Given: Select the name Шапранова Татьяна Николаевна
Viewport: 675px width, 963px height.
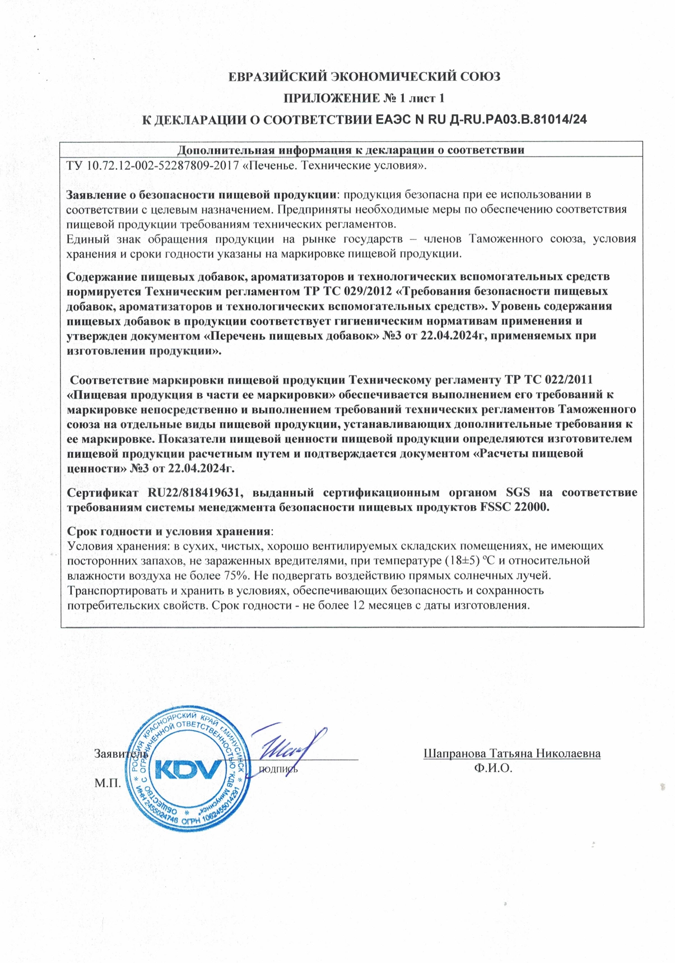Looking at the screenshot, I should pyautogui.click(x=511, y=753).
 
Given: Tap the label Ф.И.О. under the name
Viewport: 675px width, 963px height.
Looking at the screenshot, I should pyautogui.click(x=493, y=768).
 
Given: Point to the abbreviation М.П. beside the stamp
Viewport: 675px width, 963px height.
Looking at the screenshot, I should pyautogui.click(x=108, y=783).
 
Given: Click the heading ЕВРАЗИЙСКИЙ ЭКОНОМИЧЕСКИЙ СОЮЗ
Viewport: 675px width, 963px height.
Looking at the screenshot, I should pyautogui.click(x=365, y=77).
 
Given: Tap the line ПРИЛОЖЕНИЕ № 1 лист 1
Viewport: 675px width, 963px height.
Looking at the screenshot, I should pyautogui.click(x=364, y=99).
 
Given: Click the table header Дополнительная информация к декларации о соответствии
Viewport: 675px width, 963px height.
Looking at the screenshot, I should pyautogui.click(x=351, y=150).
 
